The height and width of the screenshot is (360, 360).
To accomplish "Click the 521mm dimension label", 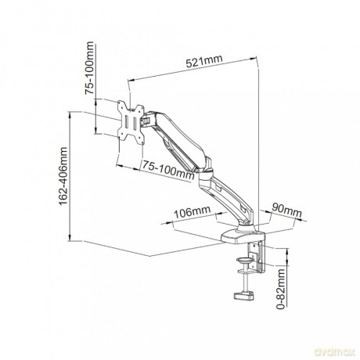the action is (x=204, y=62).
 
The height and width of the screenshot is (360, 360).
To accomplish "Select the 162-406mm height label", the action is (x=63, y=176).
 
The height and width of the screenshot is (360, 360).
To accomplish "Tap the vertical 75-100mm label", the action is (x=89, y=68).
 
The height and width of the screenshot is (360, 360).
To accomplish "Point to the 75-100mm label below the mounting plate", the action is (x=168, y=170).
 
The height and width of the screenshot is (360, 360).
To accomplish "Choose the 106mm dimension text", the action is (x=192, y=212).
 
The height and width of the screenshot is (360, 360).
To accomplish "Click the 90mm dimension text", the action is (x=286, y=211).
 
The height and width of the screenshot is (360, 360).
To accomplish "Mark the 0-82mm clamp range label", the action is (x=281, y=289).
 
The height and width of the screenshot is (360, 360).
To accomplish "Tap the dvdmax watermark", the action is (x=335, y=352).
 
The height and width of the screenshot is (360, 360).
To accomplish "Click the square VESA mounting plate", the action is (x=131, y=121).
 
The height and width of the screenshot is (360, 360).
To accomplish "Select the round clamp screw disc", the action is (x=245, y=260).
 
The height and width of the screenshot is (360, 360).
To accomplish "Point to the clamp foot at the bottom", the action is (x=244, y=296).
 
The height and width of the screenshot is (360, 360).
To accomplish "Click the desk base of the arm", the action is (x=243, y=236).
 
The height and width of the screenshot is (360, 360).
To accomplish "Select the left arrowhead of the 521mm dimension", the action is (x=131, y=81).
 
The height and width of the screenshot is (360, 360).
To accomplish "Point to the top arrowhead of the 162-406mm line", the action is (x=70, y=115).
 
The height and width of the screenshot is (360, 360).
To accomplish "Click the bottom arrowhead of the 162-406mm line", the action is (x=70, y=237).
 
